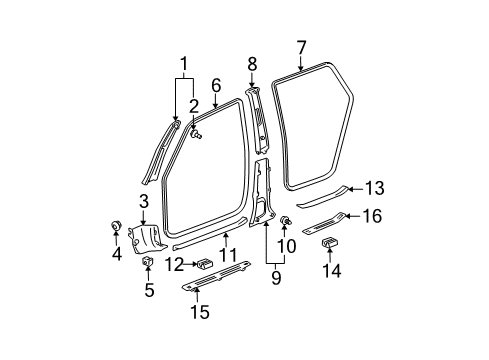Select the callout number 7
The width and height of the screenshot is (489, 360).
pyautogui.click(x=300, y=46)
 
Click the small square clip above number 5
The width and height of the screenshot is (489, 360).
pyautogui.click(x=146, y=262)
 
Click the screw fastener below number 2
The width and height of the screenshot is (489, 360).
pyautogui.click(x=197, y=129)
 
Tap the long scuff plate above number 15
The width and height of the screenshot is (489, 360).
pyautogui.click(x=218, y=285)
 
